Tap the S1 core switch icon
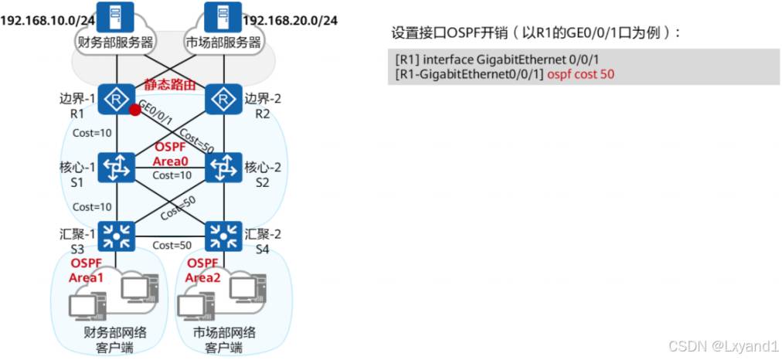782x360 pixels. click(x=117, y=167)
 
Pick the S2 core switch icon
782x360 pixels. click(x=224, y=167)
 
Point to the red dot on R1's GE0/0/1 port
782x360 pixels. click(x=135, y=110)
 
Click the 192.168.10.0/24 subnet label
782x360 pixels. click(x=37, y=19)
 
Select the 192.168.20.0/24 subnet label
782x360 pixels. click(x=290, y=19)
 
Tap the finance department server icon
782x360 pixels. click(x=116, y=15)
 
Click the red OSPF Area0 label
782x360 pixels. click(x=171, y=154)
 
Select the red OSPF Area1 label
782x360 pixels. click(x=86, y=270)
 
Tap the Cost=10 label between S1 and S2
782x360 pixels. click(x=172, y=175)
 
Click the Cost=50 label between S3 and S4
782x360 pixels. click(x=172, y=245)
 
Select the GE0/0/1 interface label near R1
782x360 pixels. click(x=158, y=113)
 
